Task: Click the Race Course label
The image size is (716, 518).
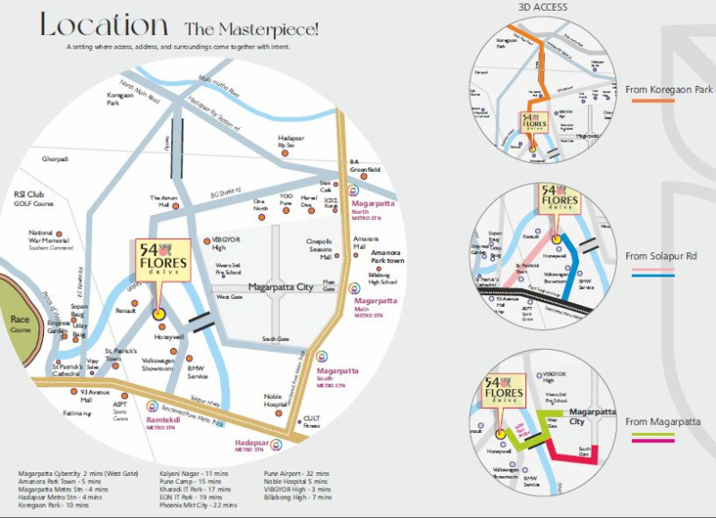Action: [x=20, y=324]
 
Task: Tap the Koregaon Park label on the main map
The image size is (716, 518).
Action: [x=119, y=98]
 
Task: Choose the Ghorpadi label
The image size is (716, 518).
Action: [x=55, y=159]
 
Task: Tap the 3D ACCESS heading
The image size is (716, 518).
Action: [x=542, y=8]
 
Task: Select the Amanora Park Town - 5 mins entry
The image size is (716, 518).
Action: [x=62, y=480]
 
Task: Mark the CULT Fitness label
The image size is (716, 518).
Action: [x=311, y=421]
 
